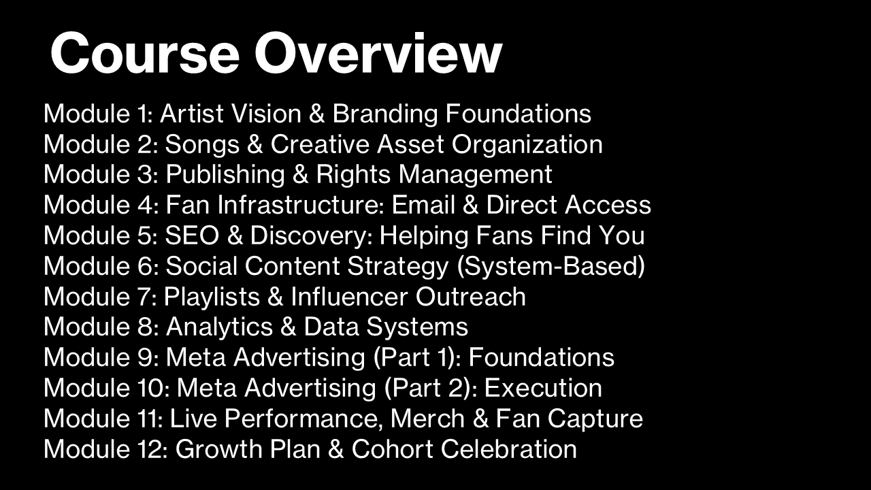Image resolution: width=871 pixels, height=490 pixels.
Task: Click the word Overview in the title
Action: point(378,54)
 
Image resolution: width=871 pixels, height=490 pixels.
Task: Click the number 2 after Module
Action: point(152,144)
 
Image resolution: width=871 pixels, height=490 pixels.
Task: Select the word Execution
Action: point(543,388)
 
